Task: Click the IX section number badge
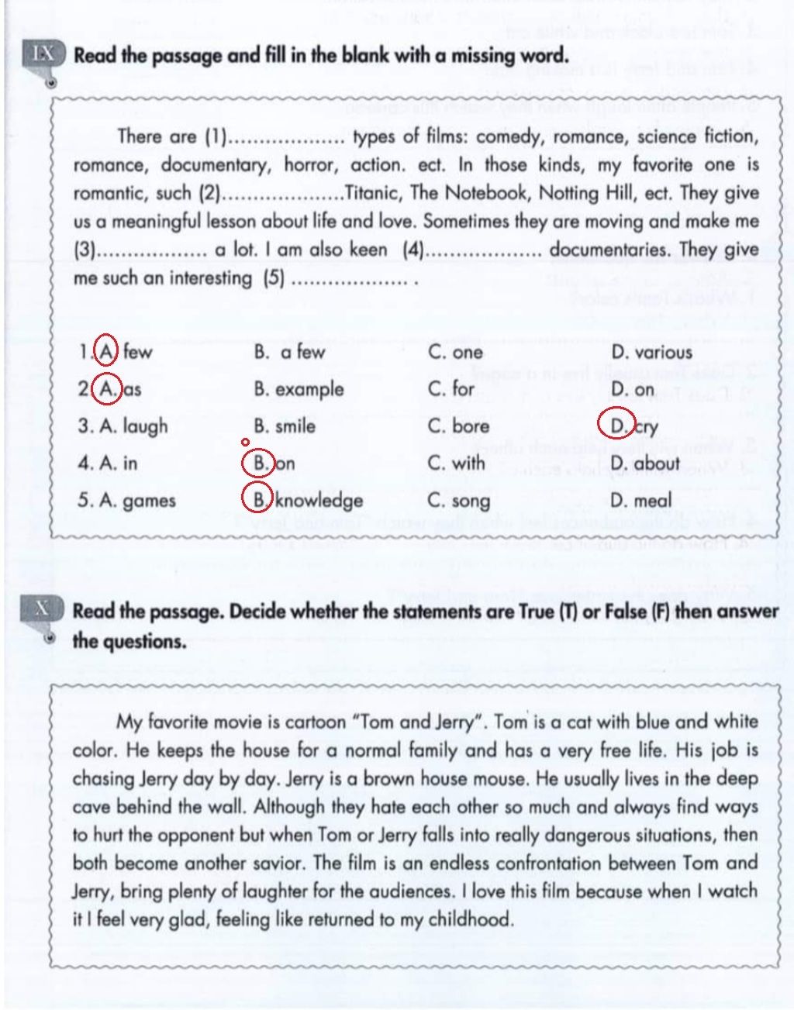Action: (x=43, y=55)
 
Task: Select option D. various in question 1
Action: (x=651, y=353)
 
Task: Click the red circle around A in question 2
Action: (x=107, y=388)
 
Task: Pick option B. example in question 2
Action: (x=299, y=389)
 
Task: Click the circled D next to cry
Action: (x=618, y=425)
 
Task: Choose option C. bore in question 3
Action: (x=458, y=426)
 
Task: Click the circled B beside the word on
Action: (x=259, y=464)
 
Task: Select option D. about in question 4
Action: (x=644, y=464)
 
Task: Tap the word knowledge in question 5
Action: (x=319, y=501)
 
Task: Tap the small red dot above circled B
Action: (x=245, y=443)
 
